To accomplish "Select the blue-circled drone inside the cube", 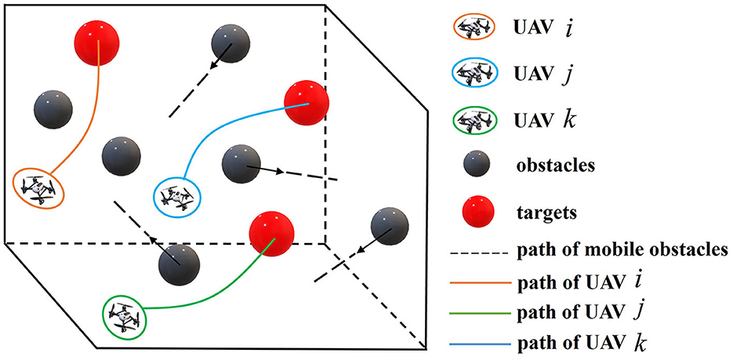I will click(178, 197).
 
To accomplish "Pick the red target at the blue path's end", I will click(306, 104).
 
